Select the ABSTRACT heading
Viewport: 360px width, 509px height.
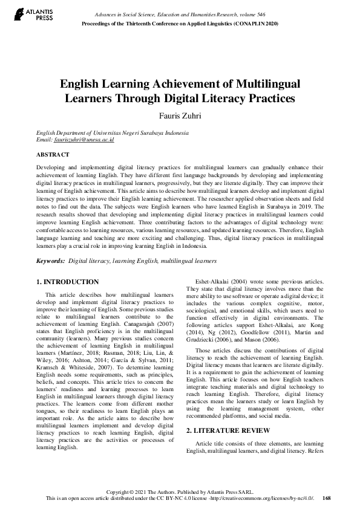[x=53, y=155]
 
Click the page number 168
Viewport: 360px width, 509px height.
[x=327, y=498]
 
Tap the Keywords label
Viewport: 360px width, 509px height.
[x=50, y=261]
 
